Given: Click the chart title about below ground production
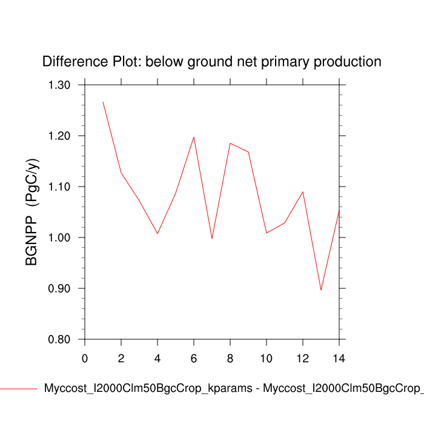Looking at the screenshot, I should point(211,62).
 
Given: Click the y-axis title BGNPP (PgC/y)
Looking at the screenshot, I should point(31,212).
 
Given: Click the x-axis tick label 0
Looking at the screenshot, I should point(85,358).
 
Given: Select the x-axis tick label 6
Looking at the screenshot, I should point(194,358).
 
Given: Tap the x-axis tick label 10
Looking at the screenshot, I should point(267,358).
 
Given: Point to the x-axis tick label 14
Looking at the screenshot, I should point(339,358).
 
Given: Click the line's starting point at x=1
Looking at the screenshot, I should point(103,102).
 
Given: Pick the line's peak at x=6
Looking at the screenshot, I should point(194,137).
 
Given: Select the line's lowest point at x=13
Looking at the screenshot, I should point(321,290).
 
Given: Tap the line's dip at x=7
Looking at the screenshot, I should point(212,239).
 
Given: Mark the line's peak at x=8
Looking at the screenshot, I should point(230,143).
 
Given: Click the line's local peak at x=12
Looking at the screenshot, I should point(303,191).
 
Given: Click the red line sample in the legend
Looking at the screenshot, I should point(18,389).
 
